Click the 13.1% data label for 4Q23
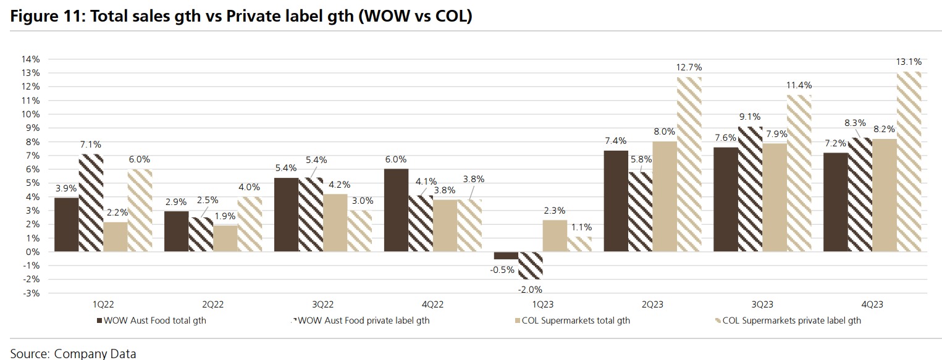tap(909, 62)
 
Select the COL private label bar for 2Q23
tap(689, 164)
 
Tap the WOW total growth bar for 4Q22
tap(396, 210)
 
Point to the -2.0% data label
tap(531, 289)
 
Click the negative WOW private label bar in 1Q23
tap(531, 265)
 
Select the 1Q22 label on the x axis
tap(103, 304)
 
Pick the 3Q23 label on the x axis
tap(762, 304)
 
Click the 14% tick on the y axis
tap(31, 59)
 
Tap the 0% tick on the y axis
tap(33, 252)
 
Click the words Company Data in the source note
tap(95, 354)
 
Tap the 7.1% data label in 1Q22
tap(90, 144)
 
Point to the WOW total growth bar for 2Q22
tap(176, 231)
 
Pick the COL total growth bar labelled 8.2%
tap(884, 195)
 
